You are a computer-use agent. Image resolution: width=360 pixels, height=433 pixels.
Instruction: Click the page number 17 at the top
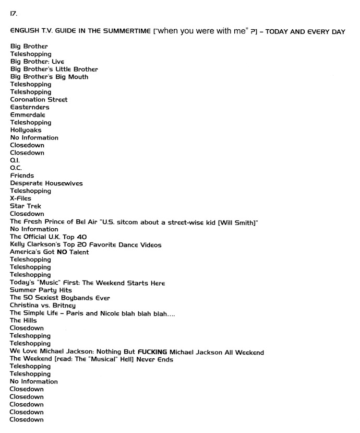click(x=13, y=14)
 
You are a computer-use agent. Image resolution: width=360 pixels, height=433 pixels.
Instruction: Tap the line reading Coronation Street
click(x=39, y=99)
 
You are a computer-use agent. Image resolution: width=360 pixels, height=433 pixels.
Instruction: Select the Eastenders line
click(x=30, y=107)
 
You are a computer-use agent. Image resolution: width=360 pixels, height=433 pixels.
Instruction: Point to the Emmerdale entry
click(x=28, y=115)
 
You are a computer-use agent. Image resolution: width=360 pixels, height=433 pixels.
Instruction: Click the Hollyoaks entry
click(x=26, y=130)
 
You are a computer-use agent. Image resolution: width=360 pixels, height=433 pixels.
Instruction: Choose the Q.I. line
click(x=15, y=160)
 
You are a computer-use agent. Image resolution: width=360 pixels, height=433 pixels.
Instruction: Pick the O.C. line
click(x=15, y=168)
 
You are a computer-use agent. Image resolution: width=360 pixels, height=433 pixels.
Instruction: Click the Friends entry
click(x=22, y=176)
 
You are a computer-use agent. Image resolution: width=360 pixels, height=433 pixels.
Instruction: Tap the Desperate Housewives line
click(x=46, y=183)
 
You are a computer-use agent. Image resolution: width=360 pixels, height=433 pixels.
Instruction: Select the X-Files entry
click(x=21, y=198)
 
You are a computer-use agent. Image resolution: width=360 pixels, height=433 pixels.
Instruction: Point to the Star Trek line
click(x=26, y=206)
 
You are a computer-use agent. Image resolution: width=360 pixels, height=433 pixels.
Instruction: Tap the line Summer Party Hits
click(x=41, y=290)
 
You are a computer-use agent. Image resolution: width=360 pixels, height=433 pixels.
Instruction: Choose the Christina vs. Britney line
click(x=43, y=305)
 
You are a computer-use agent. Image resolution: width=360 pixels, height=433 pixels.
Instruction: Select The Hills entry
click(x=23, y=320)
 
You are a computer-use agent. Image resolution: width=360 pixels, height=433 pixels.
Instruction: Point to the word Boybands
click(x=76, y=298)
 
